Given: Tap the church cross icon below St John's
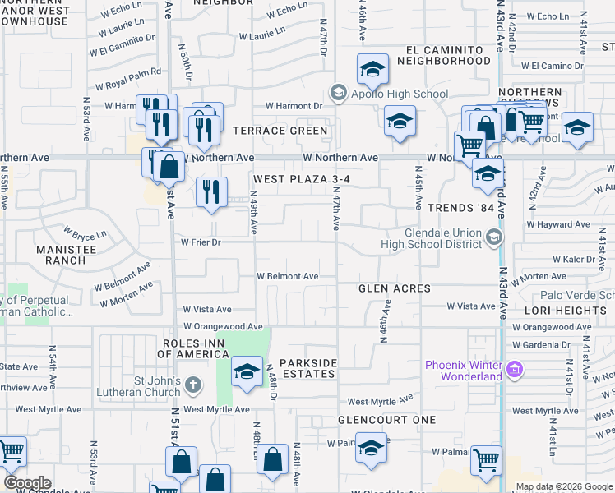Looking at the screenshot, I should (x=192, y=384).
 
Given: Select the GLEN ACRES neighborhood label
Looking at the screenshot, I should (x=395, y=288).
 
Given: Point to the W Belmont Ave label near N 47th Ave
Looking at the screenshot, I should (x=288, y=277).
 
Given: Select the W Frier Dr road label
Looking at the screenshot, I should (x=201, y=242).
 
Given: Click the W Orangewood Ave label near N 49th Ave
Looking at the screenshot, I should (x=223, y=326).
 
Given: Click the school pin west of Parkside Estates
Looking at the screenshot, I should (x=246, y=371).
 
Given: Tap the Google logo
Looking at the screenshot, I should (x=27, y=483).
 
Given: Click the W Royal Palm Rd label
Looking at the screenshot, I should (x=127, y=79).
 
